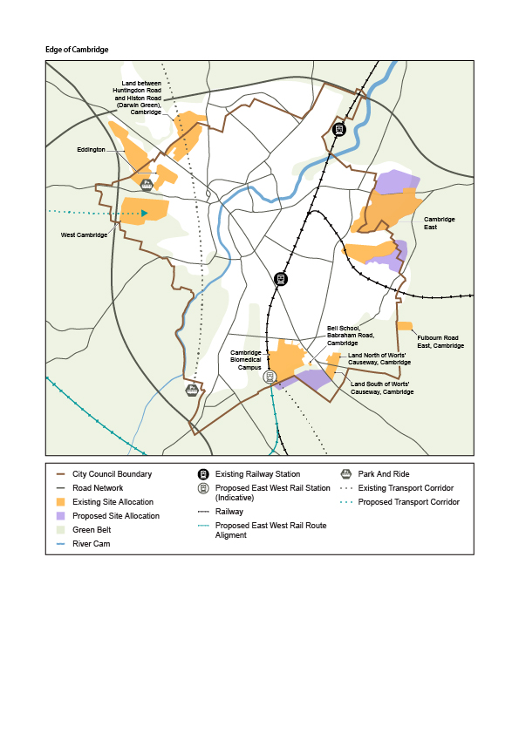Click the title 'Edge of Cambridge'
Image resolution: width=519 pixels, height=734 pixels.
point(77,50)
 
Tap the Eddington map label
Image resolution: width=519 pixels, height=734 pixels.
point(91,150)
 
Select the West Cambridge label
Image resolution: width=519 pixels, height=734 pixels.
point(84,235)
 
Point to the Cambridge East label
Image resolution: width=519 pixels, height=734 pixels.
point(440,223)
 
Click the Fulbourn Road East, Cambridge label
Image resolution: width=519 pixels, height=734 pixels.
point(440,342)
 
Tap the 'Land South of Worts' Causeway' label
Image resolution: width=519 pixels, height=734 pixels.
point(381,388)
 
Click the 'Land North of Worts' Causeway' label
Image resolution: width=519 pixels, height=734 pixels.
point(379,359)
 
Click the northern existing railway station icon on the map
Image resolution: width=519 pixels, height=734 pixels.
point(339,129)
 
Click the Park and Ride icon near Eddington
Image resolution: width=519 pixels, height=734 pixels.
point(147,183)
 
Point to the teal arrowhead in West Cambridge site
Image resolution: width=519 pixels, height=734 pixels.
point(145,213)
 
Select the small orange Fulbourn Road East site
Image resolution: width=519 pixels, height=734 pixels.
point(405,326)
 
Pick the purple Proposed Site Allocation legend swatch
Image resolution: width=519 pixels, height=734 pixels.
point(60,516)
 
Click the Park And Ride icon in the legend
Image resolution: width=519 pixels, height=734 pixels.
point(346,474)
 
